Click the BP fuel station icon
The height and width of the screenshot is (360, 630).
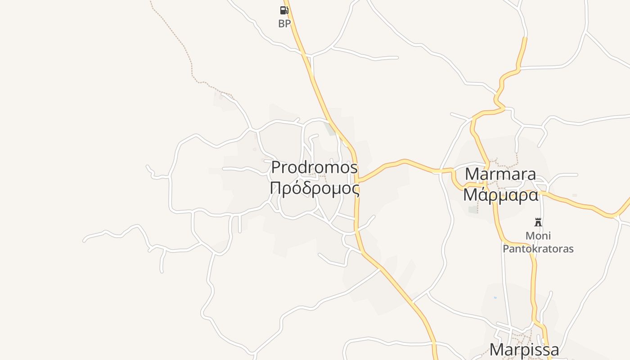[284, 10]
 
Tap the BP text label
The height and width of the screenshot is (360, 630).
[284, 24]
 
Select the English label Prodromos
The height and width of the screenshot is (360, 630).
[315, 167]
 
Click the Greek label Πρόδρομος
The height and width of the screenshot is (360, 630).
[315, 189]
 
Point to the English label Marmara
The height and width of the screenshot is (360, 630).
[500, 174]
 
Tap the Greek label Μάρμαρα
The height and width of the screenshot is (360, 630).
[500, 195]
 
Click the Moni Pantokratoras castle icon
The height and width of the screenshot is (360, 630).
[538, 222]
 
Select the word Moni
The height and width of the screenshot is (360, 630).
[538, 236]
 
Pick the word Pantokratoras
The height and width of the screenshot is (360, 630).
[538, 248]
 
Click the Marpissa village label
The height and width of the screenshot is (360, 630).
[524, 349]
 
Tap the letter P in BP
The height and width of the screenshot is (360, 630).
[288, 24]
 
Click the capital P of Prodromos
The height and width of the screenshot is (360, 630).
[276, 167]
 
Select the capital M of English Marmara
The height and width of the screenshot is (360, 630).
[472, 174]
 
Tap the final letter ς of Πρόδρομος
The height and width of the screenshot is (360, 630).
[355, 190]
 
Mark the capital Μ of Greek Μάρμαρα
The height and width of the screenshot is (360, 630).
[471, 195]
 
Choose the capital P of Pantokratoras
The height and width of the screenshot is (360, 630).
[506, 248]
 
